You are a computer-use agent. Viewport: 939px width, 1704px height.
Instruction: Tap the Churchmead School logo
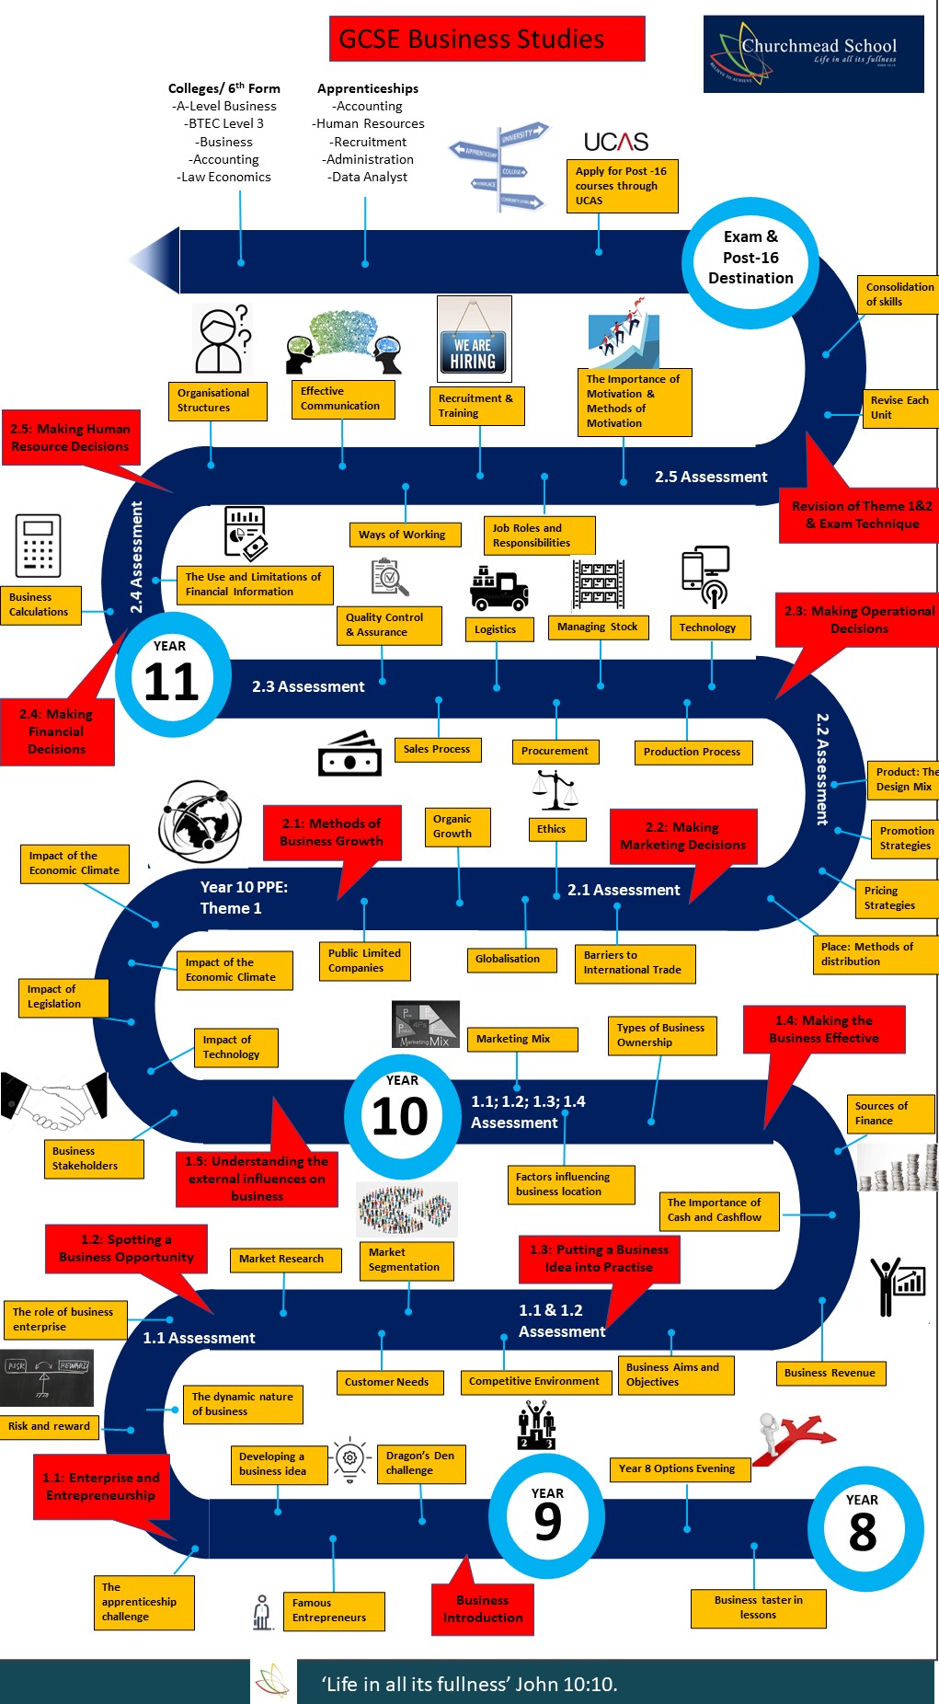(813, 53)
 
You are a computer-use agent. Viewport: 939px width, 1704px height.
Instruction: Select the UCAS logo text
(615, 142)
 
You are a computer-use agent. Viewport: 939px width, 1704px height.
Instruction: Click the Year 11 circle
(172, 675)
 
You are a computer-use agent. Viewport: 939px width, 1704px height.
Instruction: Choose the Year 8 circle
(863, 1527)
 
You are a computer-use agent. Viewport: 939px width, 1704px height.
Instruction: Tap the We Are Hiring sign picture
(474, 339)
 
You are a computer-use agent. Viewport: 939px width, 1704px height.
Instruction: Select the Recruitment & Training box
(476, 406)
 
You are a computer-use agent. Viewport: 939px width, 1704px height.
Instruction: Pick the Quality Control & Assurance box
(392, 625)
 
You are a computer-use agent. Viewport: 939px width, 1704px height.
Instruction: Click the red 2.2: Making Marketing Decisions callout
(683, 836)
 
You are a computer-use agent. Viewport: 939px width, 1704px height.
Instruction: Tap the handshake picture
(54, 1101)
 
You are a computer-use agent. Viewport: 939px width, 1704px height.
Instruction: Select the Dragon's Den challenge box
(420, 1463)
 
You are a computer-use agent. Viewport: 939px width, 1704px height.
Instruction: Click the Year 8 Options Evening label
(679, 1468)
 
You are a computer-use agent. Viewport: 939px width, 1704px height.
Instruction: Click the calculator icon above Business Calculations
(38, 546)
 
